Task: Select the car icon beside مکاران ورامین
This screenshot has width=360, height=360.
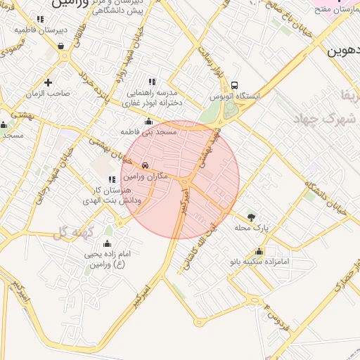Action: [x=144, y=165]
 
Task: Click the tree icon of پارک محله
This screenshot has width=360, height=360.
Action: [x=252, y=217]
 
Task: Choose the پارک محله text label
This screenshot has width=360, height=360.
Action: [x=252, y=227]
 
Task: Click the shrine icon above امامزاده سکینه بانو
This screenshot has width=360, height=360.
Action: [x=259, y=251]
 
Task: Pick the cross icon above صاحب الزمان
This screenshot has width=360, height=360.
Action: [x=48, y=83]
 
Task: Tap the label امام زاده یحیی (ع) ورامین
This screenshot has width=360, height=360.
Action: [x=106, y=258]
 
